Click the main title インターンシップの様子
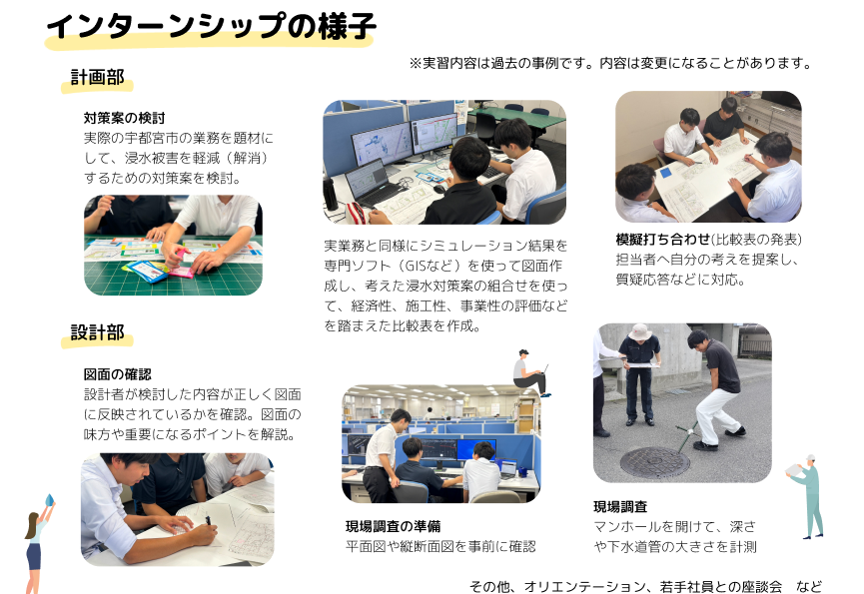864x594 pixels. tap(211, 25)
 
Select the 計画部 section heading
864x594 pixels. tap(98, 77)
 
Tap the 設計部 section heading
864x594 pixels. tap(98, 332)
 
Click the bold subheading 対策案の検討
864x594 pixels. tap(125, 118)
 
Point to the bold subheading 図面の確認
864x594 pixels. tap(118, 374)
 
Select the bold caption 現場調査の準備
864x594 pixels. tap(393, 527)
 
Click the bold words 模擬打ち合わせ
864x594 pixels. tap(663, 240)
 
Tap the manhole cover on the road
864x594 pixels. tap(654, 461)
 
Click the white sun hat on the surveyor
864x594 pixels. tap(639, 331)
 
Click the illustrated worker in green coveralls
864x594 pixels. tap(806, 496)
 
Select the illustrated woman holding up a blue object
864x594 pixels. tap(38, 542)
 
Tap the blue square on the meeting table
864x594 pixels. tap(665, 173)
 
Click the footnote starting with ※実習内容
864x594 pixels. tap(610, 63)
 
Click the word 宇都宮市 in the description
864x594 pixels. tap(159, 138)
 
